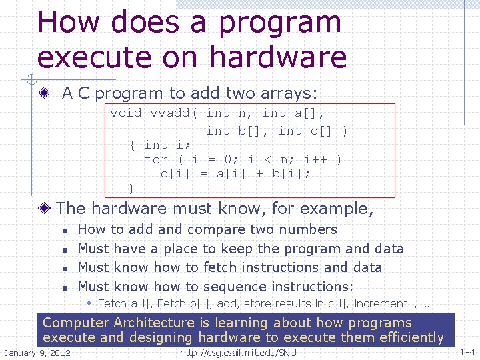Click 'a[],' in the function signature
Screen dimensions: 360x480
coord(310,113)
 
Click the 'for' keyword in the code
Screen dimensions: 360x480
coord(156,159)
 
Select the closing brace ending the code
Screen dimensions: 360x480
coord(131,189)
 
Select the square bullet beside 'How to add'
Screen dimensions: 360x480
coord(64,231)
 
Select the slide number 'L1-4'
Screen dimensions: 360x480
coord(464,351)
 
